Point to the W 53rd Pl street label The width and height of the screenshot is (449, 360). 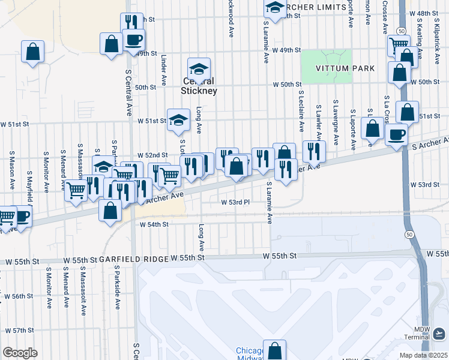tap(235, 203)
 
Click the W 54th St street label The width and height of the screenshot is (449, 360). tap(154, 224)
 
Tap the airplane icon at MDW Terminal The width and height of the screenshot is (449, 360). tap(439, 333)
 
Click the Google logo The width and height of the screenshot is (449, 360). tap(20, 352)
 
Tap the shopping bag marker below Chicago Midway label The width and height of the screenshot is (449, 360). tap(274, 350)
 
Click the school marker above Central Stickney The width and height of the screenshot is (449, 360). tap(199, 68)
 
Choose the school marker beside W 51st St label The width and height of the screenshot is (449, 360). tap(178, 120)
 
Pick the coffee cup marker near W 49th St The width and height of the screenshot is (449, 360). tap(133, 40)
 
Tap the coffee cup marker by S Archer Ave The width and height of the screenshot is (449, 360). tap(396, 134)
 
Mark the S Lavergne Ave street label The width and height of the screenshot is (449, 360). tap(336, 128)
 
